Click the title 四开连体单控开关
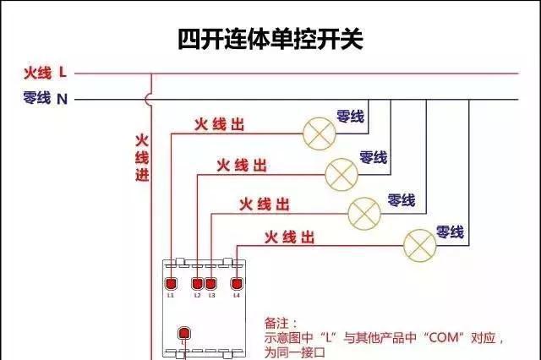[x=270, y=39]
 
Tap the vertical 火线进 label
[x=142, y=156]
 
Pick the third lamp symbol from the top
[x=364, y=210]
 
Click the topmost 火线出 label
[x=219, y=124]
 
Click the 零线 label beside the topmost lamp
[x=350, y=116]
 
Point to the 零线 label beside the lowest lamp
[x=449, y=231]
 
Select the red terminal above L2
[x=198, y=283]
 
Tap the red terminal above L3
[x=211, y=283]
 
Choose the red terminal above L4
[x=237, y=283]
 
